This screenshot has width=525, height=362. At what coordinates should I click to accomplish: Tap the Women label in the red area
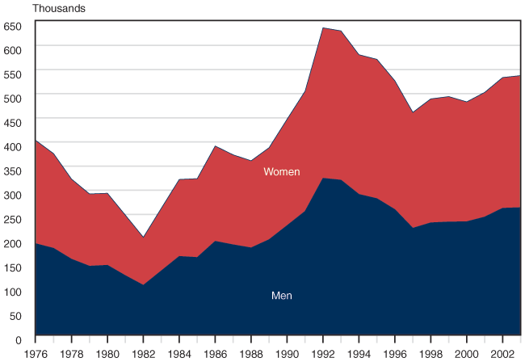click(282, 172)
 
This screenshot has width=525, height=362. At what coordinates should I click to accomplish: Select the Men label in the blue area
click(281, 296)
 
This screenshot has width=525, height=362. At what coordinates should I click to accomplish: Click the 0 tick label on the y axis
click(19, 340)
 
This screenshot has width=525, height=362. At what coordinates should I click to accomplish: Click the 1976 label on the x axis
click(36, 353)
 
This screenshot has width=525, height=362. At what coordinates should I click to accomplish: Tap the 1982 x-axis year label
click(143, 353)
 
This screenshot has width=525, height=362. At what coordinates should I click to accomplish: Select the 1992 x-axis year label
click(323, 353)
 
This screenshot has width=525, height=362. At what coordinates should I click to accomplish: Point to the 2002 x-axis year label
click(502, 353)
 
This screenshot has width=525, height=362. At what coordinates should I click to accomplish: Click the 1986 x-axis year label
click(215, 353)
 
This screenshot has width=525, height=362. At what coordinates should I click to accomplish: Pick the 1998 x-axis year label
click(430, 353)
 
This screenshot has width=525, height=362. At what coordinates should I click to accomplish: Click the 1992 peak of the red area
click(323, 27)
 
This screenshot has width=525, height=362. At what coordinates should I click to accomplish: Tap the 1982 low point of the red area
click(143, 237)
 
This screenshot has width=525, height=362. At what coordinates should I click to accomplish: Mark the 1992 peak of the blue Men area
click(323, 178)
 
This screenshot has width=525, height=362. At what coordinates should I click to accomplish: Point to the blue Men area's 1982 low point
click(143, 284)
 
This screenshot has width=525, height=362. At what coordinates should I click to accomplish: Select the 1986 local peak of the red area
click(215, 146)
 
